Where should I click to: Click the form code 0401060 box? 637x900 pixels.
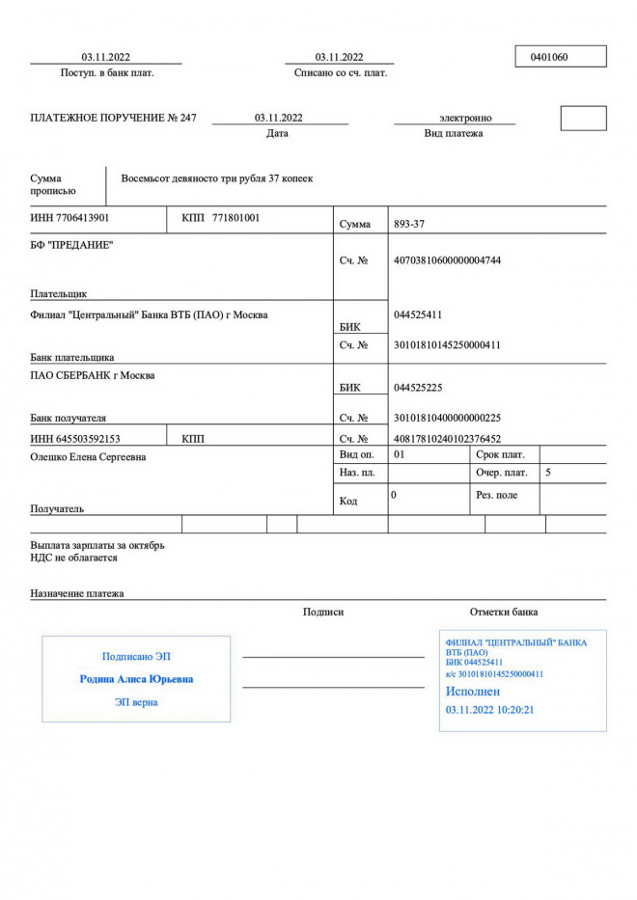point(561,57)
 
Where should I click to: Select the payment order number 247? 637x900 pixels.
point(187,118)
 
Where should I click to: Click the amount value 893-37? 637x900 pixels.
point(409,224)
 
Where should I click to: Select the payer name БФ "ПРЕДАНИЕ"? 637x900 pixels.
point(71,245)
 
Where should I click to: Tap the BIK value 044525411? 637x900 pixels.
point(419,314)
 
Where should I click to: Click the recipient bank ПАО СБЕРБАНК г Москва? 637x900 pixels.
point(92,375)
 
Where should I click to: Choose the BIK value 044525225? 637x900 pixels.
point(418,388)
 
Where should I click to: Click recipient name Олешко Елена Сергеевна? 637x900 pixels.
point(89,456)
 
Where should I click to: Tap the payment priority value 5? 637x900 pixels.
point(548,473)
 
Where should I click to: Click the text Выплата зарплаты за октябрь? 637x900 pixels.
point(97,545)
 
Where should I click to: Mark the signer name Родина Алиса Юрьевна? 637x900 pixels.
point(136,679)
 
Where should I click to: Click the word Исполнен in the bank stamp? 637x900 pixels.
point(473,692)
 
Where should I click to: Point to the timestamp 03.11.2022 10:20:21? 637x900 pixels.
point(489,710)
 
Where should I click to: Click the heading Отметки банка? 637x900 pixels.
point(504,612)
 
